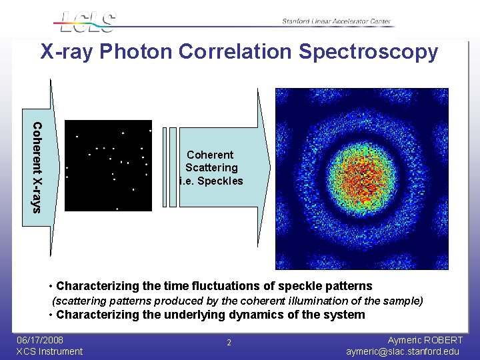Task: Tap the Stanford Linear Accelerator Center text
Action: click(337, 21)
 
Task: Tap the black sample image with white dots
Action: click(108, 165)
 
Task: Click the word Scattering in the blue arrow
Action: click(211, 168)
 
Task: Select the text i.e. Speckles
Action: click(211, 181)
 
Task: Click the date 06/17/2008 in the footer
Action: click(40, 340)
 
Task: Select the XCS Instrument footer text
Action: click(49, 351)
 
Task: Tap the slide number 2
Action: click(229, 343)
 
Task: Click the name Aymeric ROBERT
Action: click(425, 340)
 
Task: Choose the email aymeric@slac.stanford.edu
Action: click(412, 351)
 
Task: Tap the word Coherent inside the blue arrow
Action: click(210, 155)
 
